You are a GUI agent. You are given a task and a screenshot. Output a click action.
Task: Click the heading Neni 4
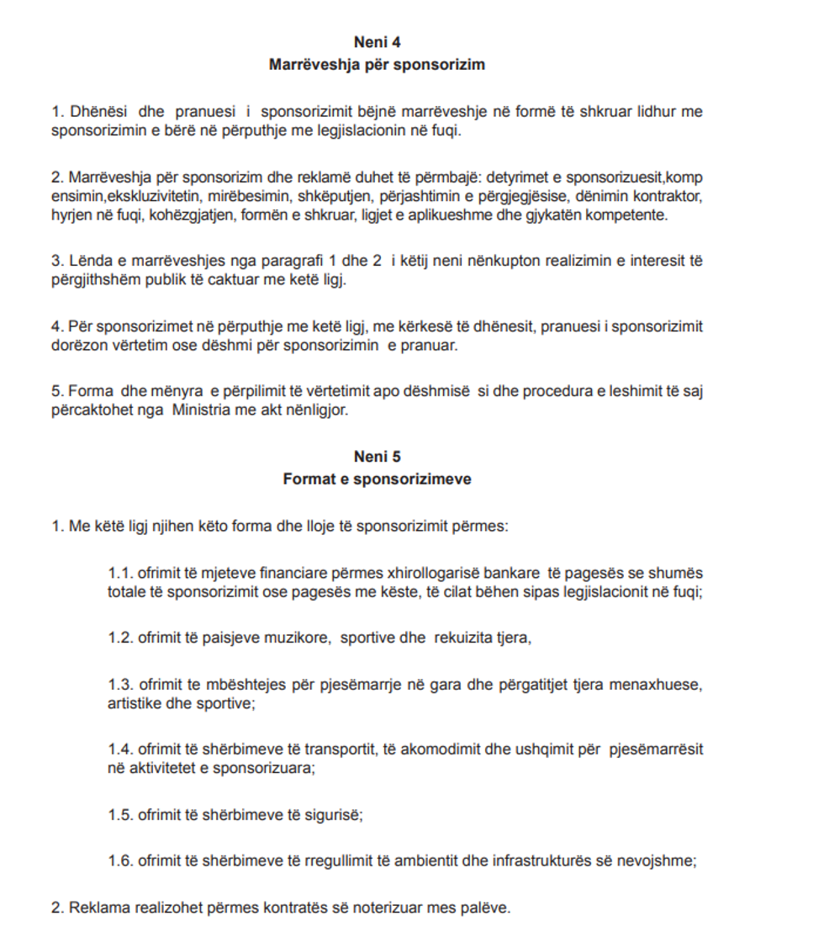pyautogui.click(x=377, y=42)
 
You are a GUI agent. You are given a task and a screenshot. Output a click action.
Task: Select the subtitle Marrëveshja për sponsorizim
pyautogui.click(x=377, y=64)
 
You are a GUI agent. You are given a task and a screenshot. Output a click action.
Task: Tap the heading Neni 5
pyautogui.click(x=377, y=458)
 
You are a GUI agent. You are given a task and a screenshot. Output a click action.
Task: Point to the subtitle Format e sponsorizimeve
pyautogui.click(x=377, y=479)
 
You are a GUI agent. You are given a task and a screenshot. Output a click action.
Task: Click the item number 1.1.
pyautogui.click(x=121, y=573)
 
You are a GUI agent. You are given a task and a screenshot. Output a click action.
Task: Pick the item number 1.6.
pyautogui.click(x=121, y=861)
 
